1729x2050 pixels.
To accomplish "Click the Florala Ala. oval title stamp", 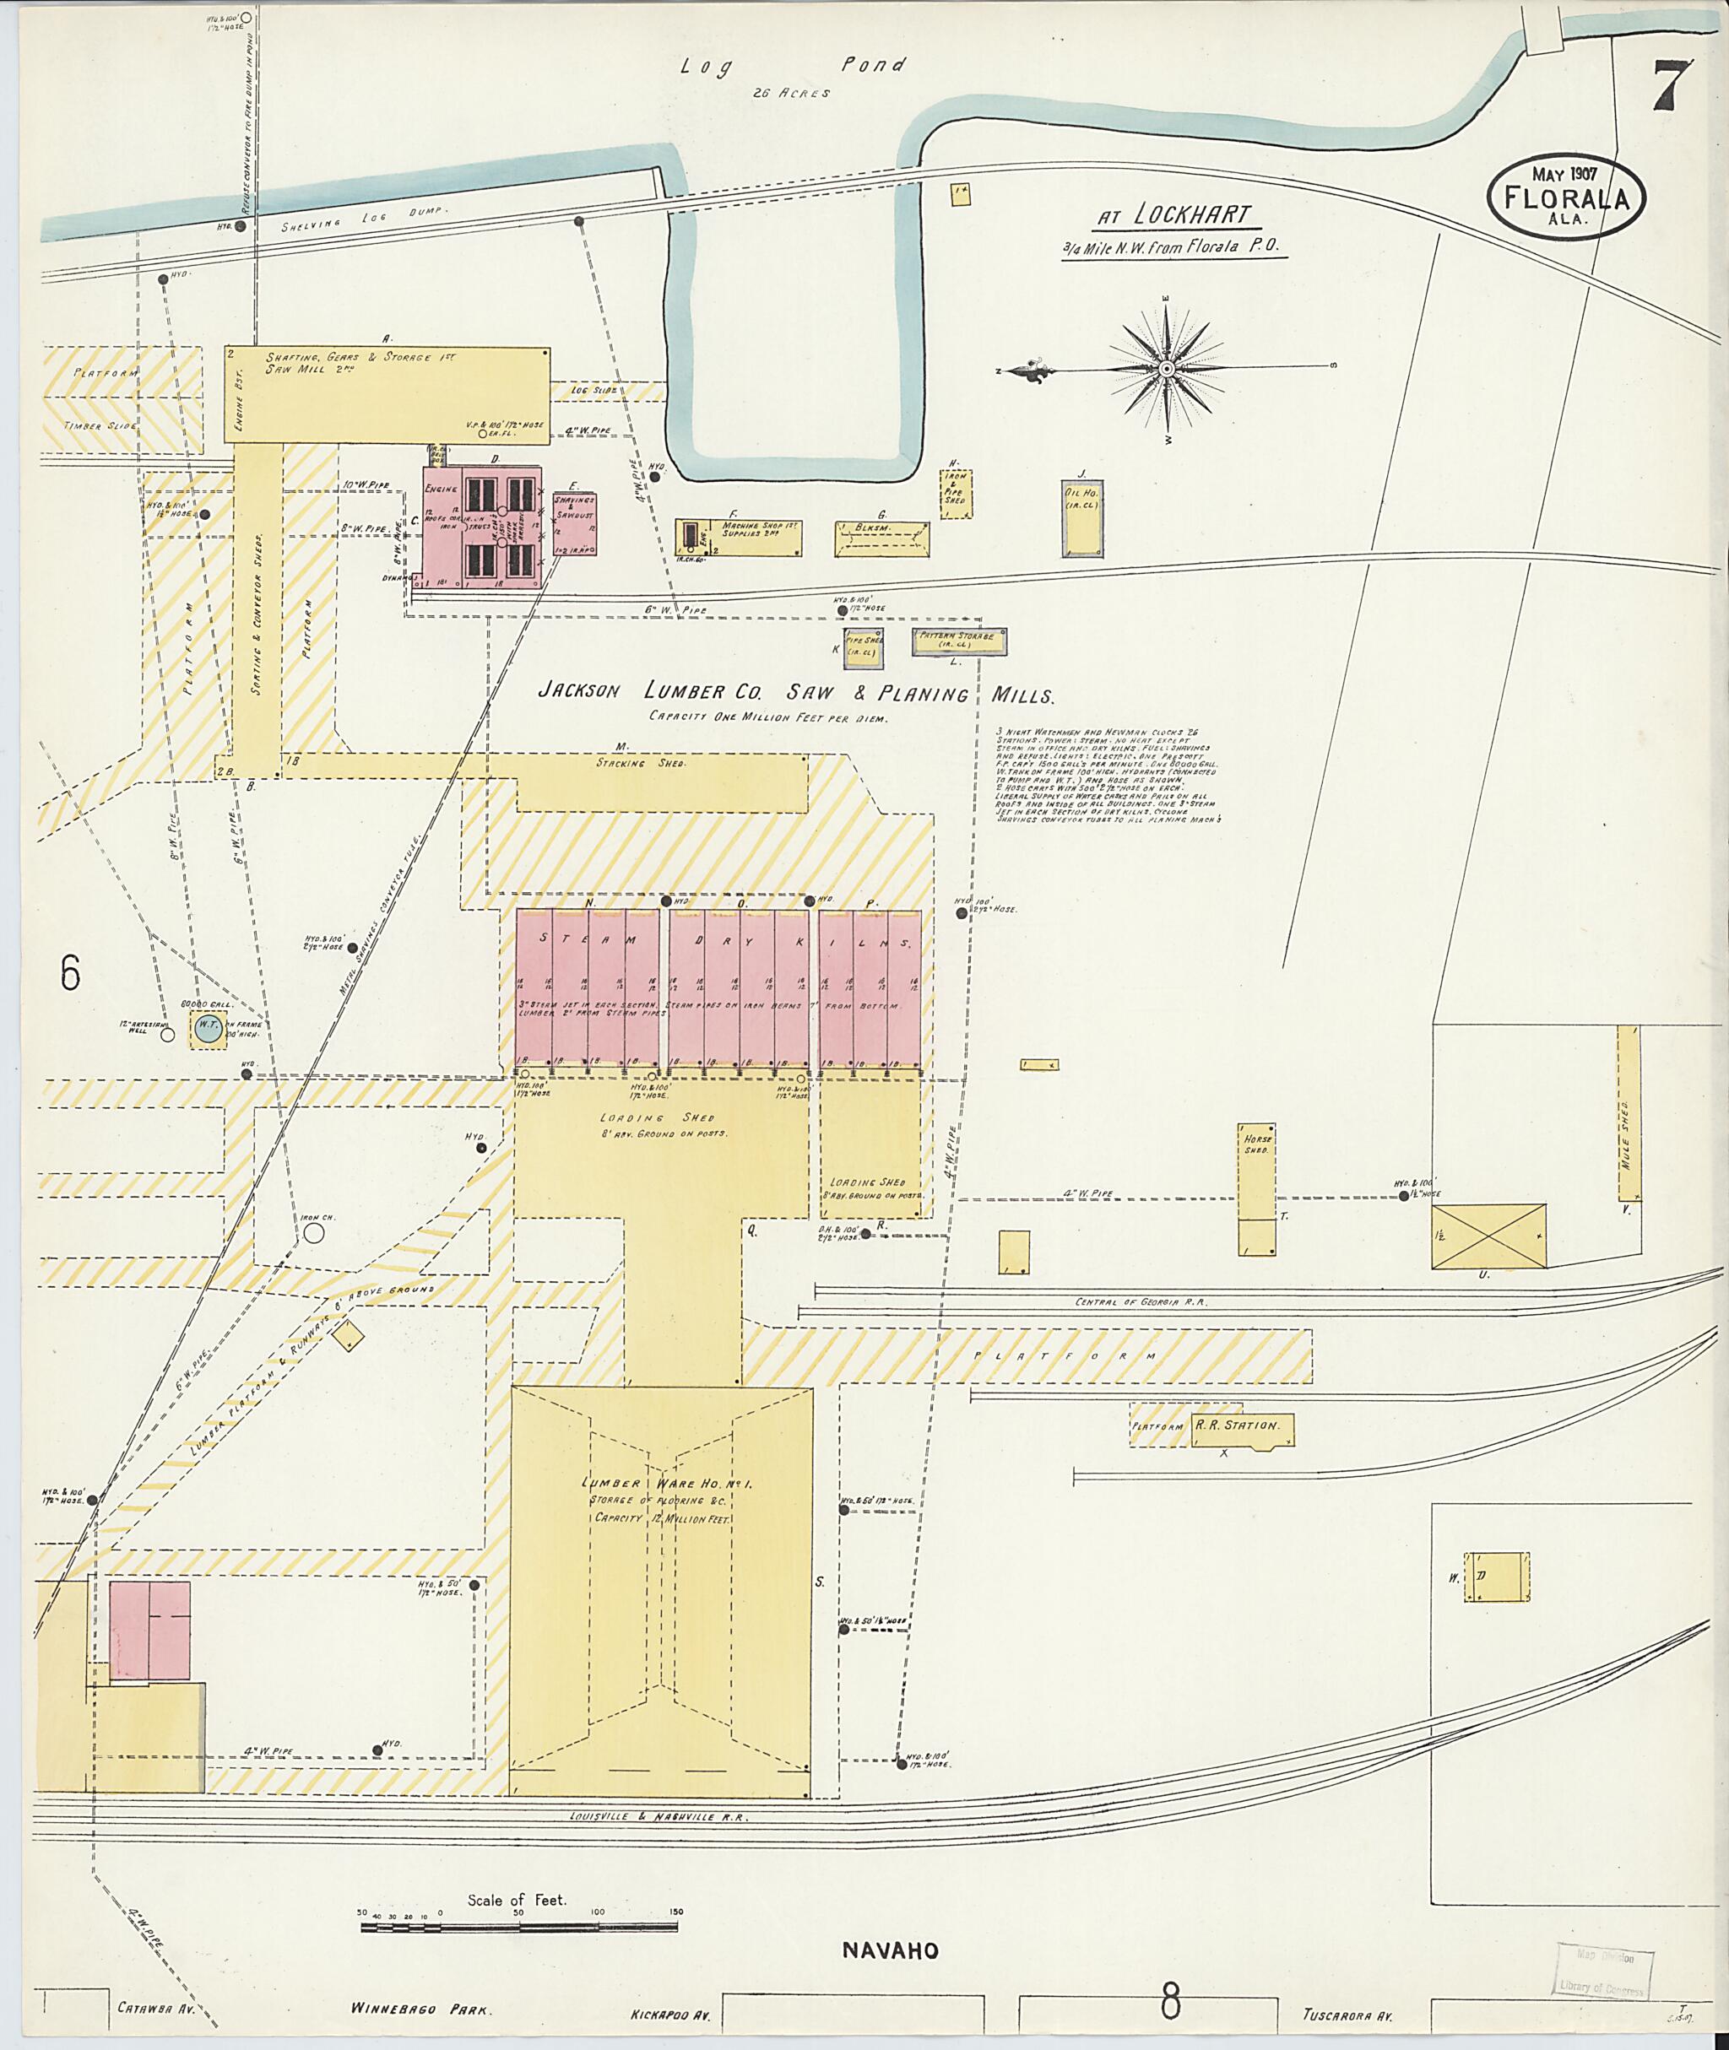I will tap(1566, 196).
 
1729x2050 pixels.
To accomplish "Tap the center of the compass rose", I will tap(1167, 370).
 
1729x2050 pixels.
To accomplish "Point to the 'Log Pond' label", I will tap(793, 67).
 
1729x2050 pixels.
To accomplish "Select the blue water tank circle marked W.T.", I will tap(207, 1029).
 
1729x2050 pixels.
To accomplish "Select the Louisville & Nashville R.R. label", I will tap(659, 1815).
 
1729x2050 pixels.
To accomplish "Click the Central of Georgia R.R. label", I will tap(1141, 1302).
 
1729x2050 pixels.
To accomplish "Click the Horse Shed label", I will tap(1256, 1144).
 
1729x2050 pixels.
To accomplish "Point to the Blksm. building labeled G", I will tap(882, 538).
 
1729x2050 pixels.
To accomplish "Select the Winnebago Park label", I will tap(420, 2008).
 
